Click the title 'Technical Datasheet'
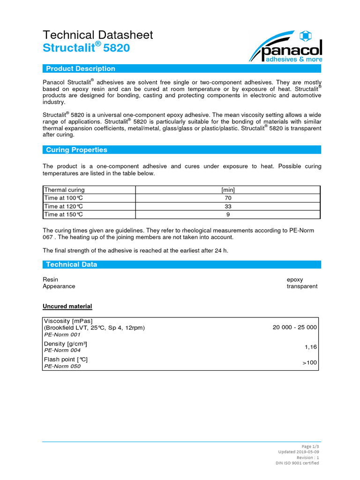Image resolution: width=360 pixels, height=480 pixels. pos(97,35)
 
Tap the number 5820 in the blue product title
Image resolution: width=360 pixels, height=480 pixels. pos(114,48)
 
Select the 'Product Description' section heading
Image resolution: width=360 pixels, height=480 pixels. pos(80,69)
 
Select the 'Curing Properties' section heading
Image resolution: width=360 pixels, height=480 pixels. pos(76,150)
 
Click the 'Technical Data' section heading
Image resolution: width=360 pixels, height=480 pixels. pos(71,264)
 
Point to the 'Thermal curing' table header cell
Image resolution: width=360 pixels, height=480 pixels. pos(64,190)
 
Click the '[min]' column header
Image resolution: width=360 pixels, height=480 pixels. pos(228,190)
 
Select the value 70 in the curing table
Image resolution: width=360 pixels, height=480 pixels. pos(228,198)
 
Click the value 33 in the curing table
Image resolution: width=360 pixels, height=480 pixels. pos(228,206)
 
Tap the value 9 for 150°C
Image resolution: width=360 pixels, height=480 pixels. pos(228,214)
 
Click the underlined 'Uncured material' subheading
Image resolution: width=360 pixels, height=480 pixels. pos(67,307)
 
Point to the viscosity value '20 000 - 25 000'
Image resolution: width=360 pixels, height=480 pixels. pos(294,327)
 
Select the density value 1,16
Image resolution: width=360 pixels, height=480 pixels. pos(310,347)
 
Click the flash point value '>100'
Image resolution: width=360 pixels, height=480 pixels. pos(309,363)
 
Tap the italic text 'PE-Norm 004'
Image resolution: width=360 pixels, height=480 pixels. pos(62,351)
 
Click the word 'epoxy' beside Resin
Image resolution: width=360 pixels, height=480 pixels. pos(295,279)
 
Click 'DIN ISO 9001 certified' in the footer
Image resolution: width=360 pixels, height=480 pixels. pos(297,463)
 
